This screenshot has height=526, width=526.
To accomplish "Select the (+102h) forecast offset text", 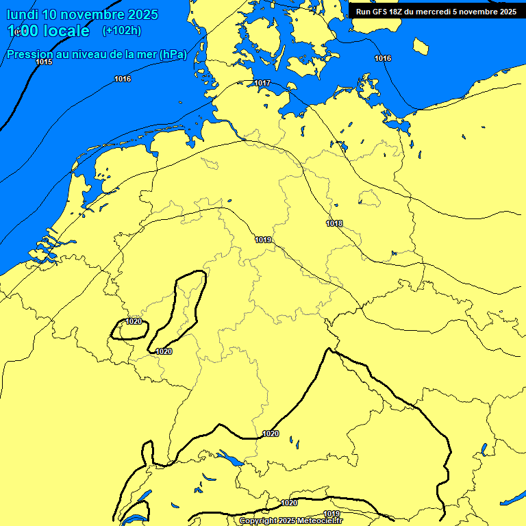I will click(121, 30).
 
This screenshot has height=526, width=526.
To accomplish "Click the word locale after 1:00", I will click(64, 31).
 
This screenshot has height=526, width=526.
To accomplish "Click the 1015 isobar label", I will click(44, 62).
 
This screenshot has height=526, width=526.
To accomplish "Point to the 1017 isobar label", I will click(262, 83).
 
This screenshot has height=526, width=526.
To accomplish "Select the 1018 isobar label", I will click(334, 223).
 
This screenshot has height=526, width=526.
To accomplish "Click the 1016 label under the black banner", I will click(383, 58).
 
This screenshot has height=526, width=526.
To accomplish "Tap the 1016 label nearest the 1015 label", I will click(123, 79).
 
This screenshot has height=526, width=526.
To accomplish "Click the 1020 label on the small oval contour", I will click(134, 321).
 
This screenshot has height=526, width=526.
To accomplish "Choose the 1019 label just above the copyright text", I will click(331, 514).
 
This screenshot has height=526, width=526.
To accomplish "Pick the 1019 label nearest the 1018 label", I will click(264, 240).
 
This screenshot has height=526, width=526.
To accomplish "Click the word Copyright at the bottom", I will click(258, 521).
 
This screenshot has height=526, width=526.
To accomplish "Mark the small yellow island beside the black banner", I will click(421, 46).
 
